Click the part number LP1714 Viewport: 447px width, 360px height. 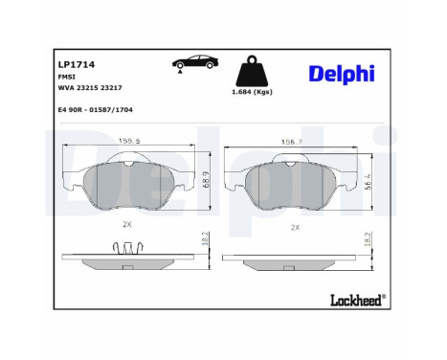point(77,64)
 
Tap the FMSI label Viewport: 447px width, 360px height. point(66,77)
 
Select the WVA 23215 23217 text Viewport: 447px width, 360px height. point(90,88)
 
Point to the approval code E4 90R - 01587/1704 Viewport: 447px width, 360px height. point(95,110)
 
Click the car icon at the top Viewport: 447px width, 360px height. point(195,62)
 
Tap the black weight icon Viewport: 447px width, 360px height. point(252,71)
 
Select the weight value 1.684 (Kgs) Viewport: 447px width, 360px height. point(252,92)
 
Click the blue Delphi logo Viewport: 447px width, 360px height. point(342,75)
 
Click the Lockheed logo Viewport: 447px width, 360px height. point(358,300)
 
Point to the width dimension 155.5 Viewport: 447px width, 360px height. point(129,141)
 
